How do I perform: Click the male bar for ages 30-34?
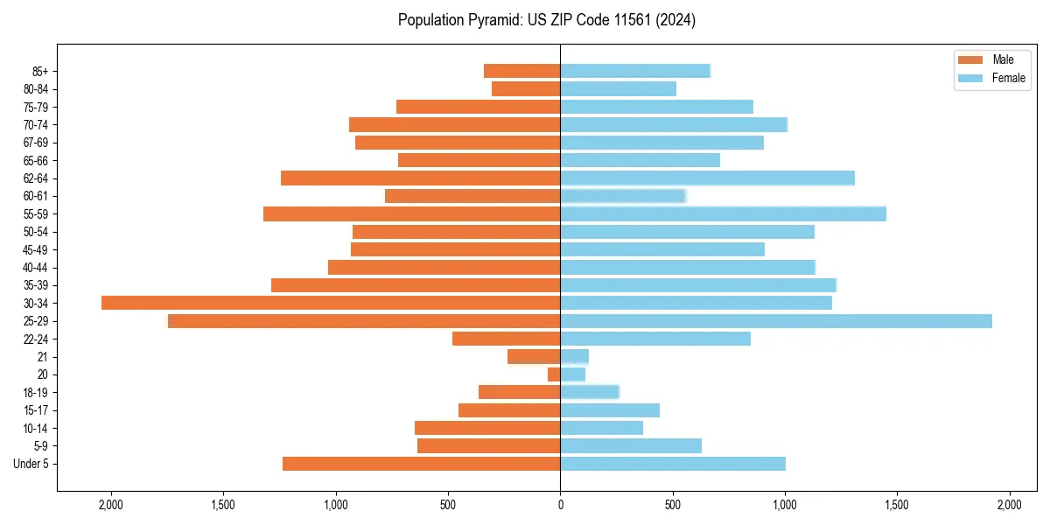331,303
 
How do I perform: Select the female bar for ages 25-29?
776,321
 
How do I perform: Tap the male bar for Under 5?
421,464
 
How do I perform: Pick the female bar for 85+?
635,71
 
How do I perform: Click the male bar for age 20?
554,374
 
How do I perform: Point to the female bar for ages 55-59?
723,213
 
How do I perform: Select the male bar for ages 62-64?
420,178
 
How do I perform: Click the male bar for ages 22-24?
506,339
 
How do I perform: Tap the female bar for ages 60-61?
623,196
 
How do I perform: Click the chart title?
547,20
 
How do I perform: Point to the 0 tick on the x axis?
560,505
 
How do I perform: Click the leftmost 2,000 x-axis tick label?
111,505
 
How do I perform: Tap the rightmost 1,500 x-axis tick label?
897,505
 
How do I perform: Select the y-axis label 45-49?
36,249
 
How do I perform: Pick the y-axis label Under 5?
31,464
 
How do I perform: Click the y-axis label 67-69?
36,143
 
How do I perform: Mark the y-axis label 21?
43,357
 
